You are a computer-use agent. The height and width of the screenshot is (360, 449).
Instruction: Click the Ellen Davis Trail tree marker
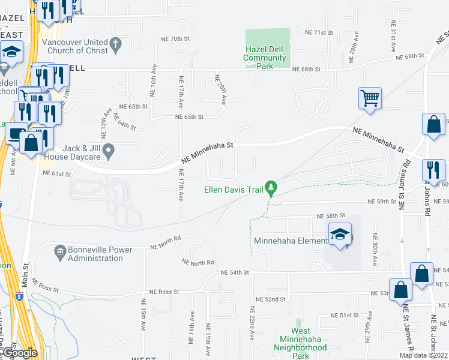(272, 189)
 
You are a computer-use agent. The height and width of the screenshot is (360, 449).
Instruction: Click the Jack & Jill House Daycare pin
(108, 151)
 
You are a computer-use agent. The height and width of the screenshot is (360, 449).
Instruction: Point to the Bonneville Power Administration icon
(59, 250)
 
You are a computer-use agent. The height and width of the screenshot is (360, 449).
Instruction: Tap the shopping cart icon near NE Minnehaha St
(370, 98)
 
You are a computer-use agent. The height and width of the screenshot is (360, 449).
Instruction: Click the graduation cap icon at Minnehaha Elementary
(340, 235)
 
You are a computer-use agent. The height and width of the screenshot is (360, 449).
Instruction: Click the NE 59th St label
(382, 202)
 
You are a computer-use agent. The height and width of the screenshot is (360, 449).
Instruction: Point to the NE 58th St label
(332, 215)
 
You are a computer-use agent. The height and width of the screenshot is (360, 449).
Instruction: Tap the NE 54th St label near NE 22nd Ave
(235, 272)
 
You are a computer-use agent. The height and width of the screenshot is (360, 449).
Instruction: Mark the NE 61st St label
(56, 173)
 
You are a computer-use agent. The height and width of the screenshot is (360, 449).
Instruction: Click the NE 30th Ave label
(375, 250)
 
